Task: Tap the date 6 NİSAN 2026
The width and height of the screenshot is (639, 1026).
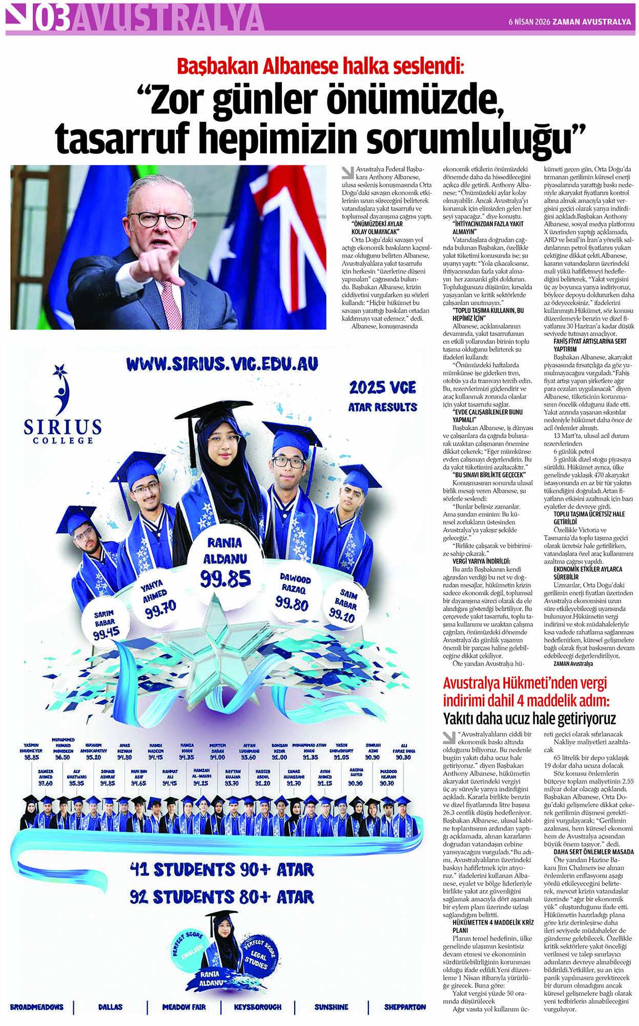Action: (x=528, y=22)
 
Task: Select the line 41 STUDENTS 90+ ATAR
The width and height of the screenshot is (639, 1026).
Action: (x=221, y=869)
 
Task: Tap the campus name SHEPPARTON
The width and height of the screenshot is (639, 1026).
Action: (x=404, y=1007)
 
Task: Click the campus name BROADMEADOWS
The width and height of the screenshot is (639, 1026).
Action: (x=36, y=1007)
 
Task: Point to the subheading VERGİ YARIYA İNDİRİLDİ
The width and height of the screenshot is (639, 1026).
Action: (x=482, y=561)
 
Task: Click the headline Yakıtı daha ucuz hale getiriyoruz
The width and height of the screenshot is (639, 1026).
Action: (x=529, y=718)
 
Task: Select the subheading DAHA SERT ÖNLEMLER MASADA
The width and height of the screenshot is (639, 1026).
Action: (x=593, y=852)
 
